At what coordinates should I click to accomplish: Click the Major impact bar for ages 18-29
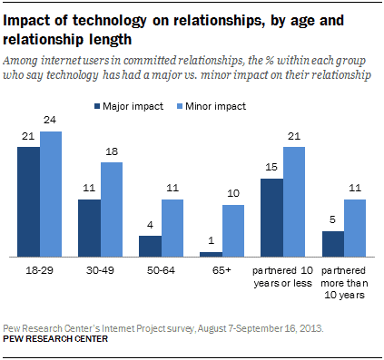(28, 201)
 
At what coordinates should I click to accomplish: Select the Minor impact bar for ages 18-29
(52, 195)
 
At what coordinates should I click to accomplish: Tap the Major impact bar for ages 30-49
(89, 228)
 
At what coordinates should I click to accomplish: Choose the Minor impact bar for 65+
(234, 230)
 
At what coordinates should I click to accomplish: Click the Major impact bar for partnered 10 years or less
(271, 218)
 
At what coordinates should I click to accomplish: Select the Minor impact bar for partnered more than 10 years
(356, 228)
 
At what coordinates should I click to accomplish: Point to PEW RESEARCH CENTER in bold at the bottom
(54, 338)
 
